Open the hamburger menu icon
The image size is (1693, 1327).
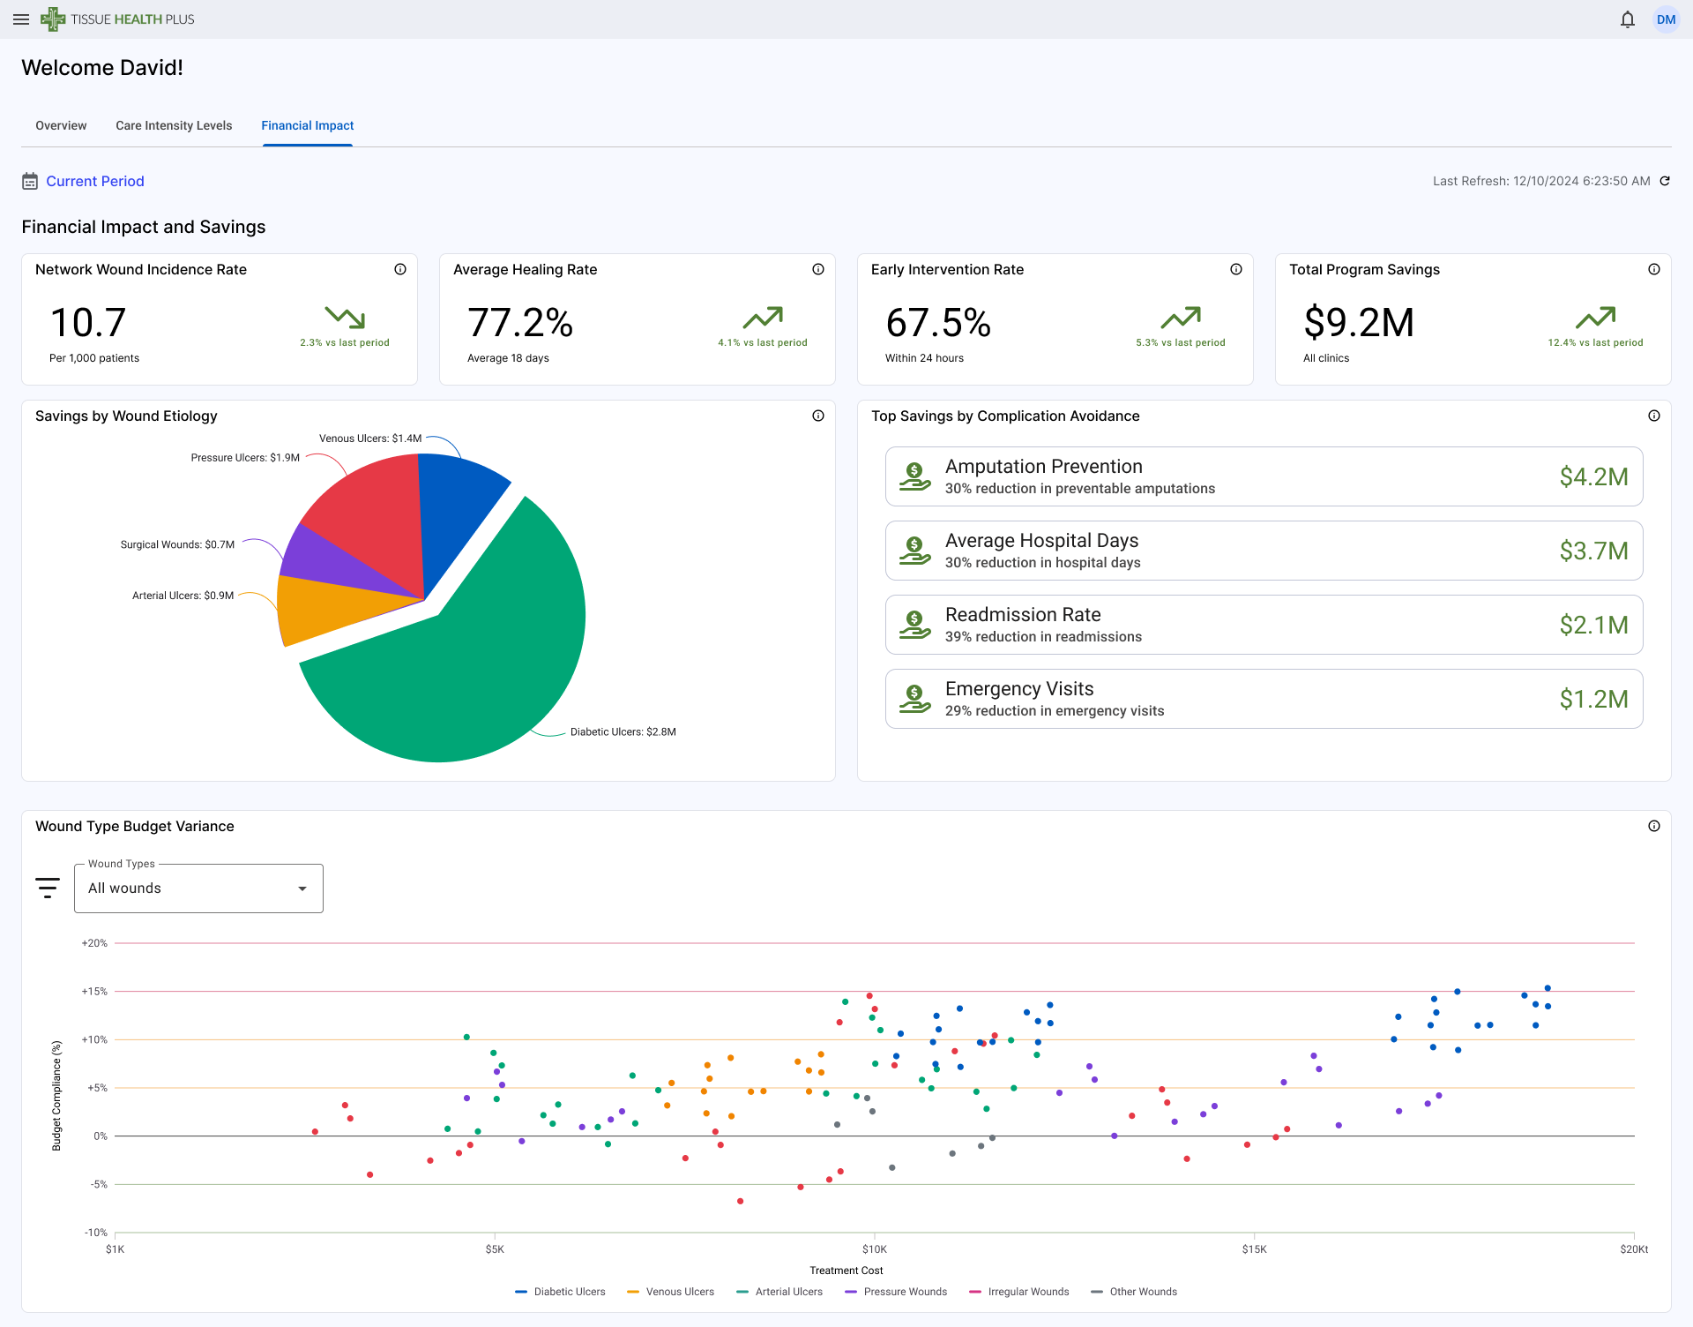pyautogui.click(x=21, y=19)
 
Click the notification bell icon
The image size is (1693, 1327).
pyautogui.click(x=1627, y=19)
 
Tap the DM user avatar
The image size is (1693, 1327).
pyautogui.click(x=1666, y=19)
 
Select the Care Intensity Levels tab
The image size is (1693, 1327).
pyautogui.click(x=174, y=125)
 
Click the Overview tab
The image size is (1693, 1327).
pyautogui.click(x=61, y=125)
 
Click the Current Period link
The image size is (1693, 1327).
pyautogui.click(x=94, y=181)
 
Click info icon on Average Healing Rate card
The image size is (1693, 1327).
pyautogui.click(x=817, y=269)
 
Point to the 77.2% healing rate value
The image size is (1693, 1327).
pyautogui.click(x=520, y=323)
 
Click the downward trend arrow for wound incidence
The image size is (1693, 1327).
pyautogui.click(x=345, y=317)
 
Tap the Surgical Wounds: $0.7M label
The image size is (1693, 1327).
pyautogui.click(x=177, y=544)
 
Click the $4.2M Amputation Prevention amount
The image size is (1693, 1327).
pyautogui.click(x=1592, y=476)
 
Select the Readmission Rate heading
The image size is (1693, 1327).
pyautogui.click(x=1023, y=614)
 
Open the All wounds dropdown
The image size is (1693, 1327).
pyautogui.click(x=198, y=888)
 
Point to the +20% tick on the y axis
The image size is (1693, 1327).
pyautogui.click(x=94, y=943)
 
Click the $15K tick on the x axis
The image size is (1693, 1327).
pyautogui.click(x=1254, y=1248)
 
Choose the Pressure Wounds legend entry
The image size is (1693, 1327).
pyautogui.click(x=904, y=1292)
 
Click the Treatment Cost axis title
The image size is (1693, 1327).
pyautogui.click(x=846, y=1271)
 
